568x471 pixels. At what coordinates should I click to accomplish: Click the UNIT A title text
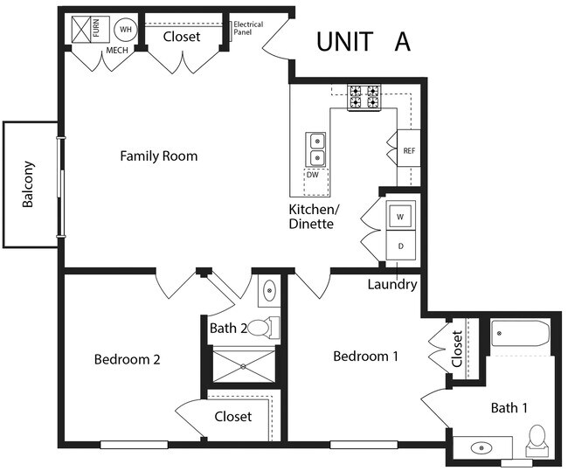(x=363, y=41)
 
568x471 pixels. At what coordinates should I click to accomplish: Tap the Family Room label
(x=158, y=156)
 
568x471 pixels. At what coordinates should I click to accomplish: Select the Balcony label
(x=29, y=184)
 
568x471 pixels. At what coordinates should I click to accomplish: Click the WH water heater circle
(x=126, y=30)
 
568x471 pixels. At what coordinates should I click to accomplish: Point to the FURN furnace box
(x=87, y=30)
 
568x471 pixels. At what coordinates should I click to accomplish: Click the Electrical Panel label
(x=247, y=28)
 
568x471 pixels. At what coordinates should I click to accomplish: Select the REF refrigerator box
(x=409, y=150)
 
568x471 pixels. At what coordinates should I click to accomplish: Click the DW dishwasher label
(x=313, y=175)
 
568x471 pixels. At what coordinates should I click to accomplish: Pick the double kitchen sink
(x=315, y=149)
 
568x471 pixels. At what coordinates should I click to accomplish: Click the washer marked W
(x=400, y=215)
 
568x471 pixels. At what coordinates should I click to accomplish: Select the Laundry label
(x=391, y=284)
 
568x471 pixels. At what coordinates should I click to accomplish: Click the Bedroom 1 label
(x=365, y=357)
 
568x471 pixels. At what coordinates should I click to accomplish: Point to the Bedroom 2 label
(x=127, y=359)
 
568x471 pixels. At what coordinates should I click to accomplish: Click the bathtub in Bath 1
(x=520, y=334)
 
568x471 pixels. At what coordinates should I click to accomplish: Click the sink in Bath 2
(x=269, y=290)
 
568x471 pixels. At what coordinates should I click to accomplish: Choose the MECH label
(x=117, y=52)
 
